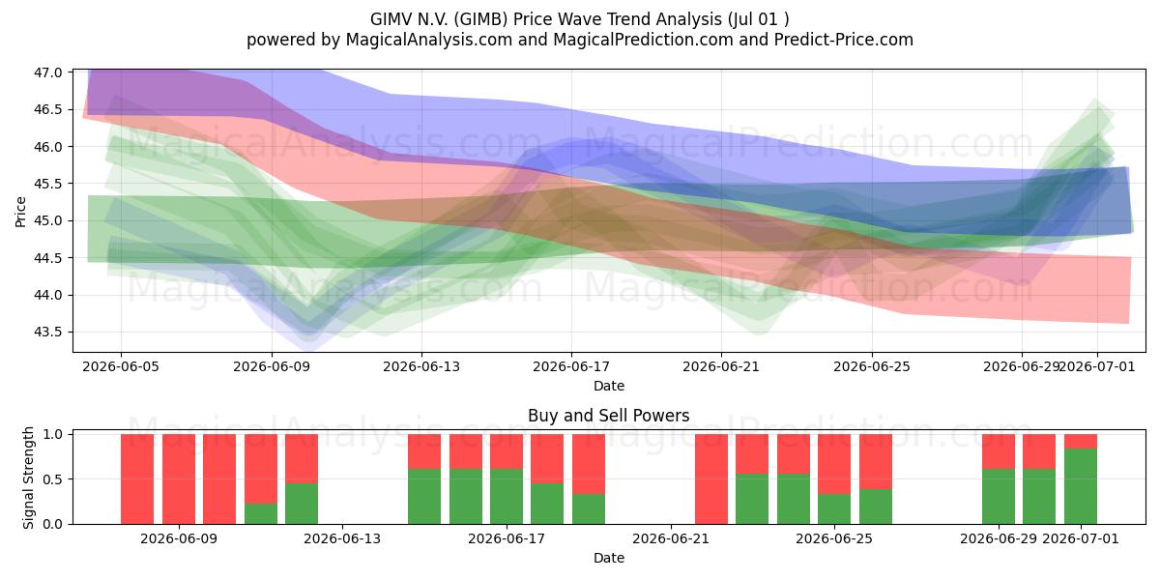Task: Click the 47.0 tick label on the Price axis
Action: click(x=47, y=72)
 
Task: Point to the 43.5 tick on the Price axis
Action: click(x=47, y=332)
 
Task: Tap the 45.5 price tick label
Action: click(x=47, y=184)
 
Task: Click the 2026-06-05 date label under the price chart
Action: click(x=121, y=366)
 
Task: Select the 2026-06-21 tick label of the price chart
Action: click(x=721, y=366)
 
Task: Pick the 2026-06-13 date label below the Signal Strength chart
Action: click(x=342, y=538)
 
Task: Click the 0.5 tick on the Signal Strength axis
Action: click(x=52, y=479)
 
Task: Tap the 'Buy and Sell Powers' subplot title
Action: click(x=608, y=416)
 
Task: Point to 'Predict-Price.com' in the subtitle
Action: click(x=844, y=40)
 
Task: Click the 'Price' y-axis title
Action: click(x=20, y=212)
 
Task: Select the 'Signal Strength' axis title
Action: click(x=28, y=478)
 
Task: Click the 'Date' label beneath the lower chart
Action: click(x=609, y=558)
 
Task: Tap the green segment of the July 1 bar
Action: click(x=1081, y=486)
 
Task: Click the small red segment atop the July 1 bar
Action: click(x=1081, y=441)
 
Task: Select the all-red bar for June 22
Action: click(x=711, y=479)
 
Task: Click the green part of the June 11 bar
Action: click(x=260, y=513)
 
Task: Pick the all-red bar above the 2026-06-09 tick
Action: click(x=179, y=479)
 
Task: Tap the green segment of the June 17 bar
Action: click(x=507, y=497)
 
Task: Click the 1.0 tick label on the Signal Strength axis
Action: click(x=52, y=434)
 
